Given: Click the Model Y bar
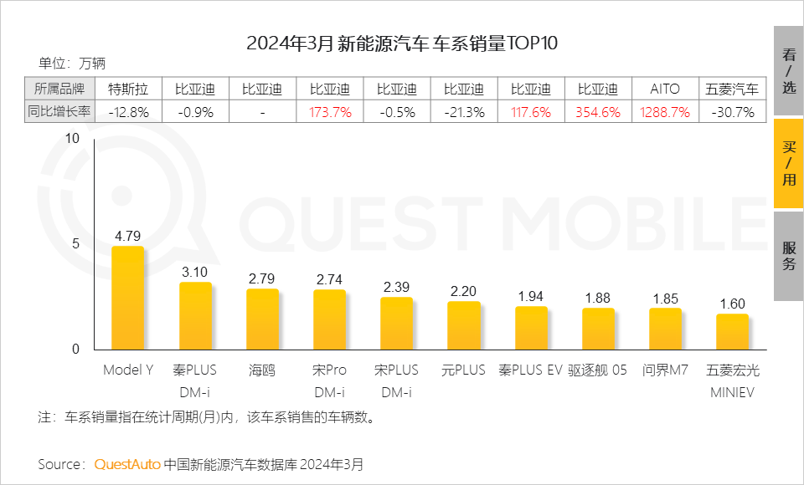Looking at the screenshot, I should coord(127,298).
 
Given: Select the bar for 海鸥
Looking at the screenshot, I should coord(262,319).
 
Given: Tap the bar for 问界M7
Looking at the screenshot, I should coord(665,329).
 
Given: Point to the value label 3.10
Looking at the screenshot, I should coord(195,272).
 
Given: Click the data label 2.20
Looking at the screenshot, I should coord(464,291).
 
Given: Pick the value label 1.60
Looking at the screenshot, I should coord(732,304).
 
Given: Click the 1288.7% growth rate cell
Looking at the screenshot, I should coord(665,112).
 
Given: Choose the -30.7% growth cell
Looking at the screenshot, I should coord(733,112).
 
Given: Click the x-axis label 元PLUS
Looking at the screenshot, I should coord(463,370).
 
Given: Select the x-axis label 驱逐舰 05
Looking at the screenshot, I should coord(597,370).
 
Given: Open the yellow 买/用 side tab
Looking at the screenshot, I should coord(788,163).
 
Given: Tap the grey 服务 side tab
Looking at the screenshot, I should coord(788,256).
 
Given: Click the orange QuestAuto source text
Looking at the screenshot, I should coord(126,463).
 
